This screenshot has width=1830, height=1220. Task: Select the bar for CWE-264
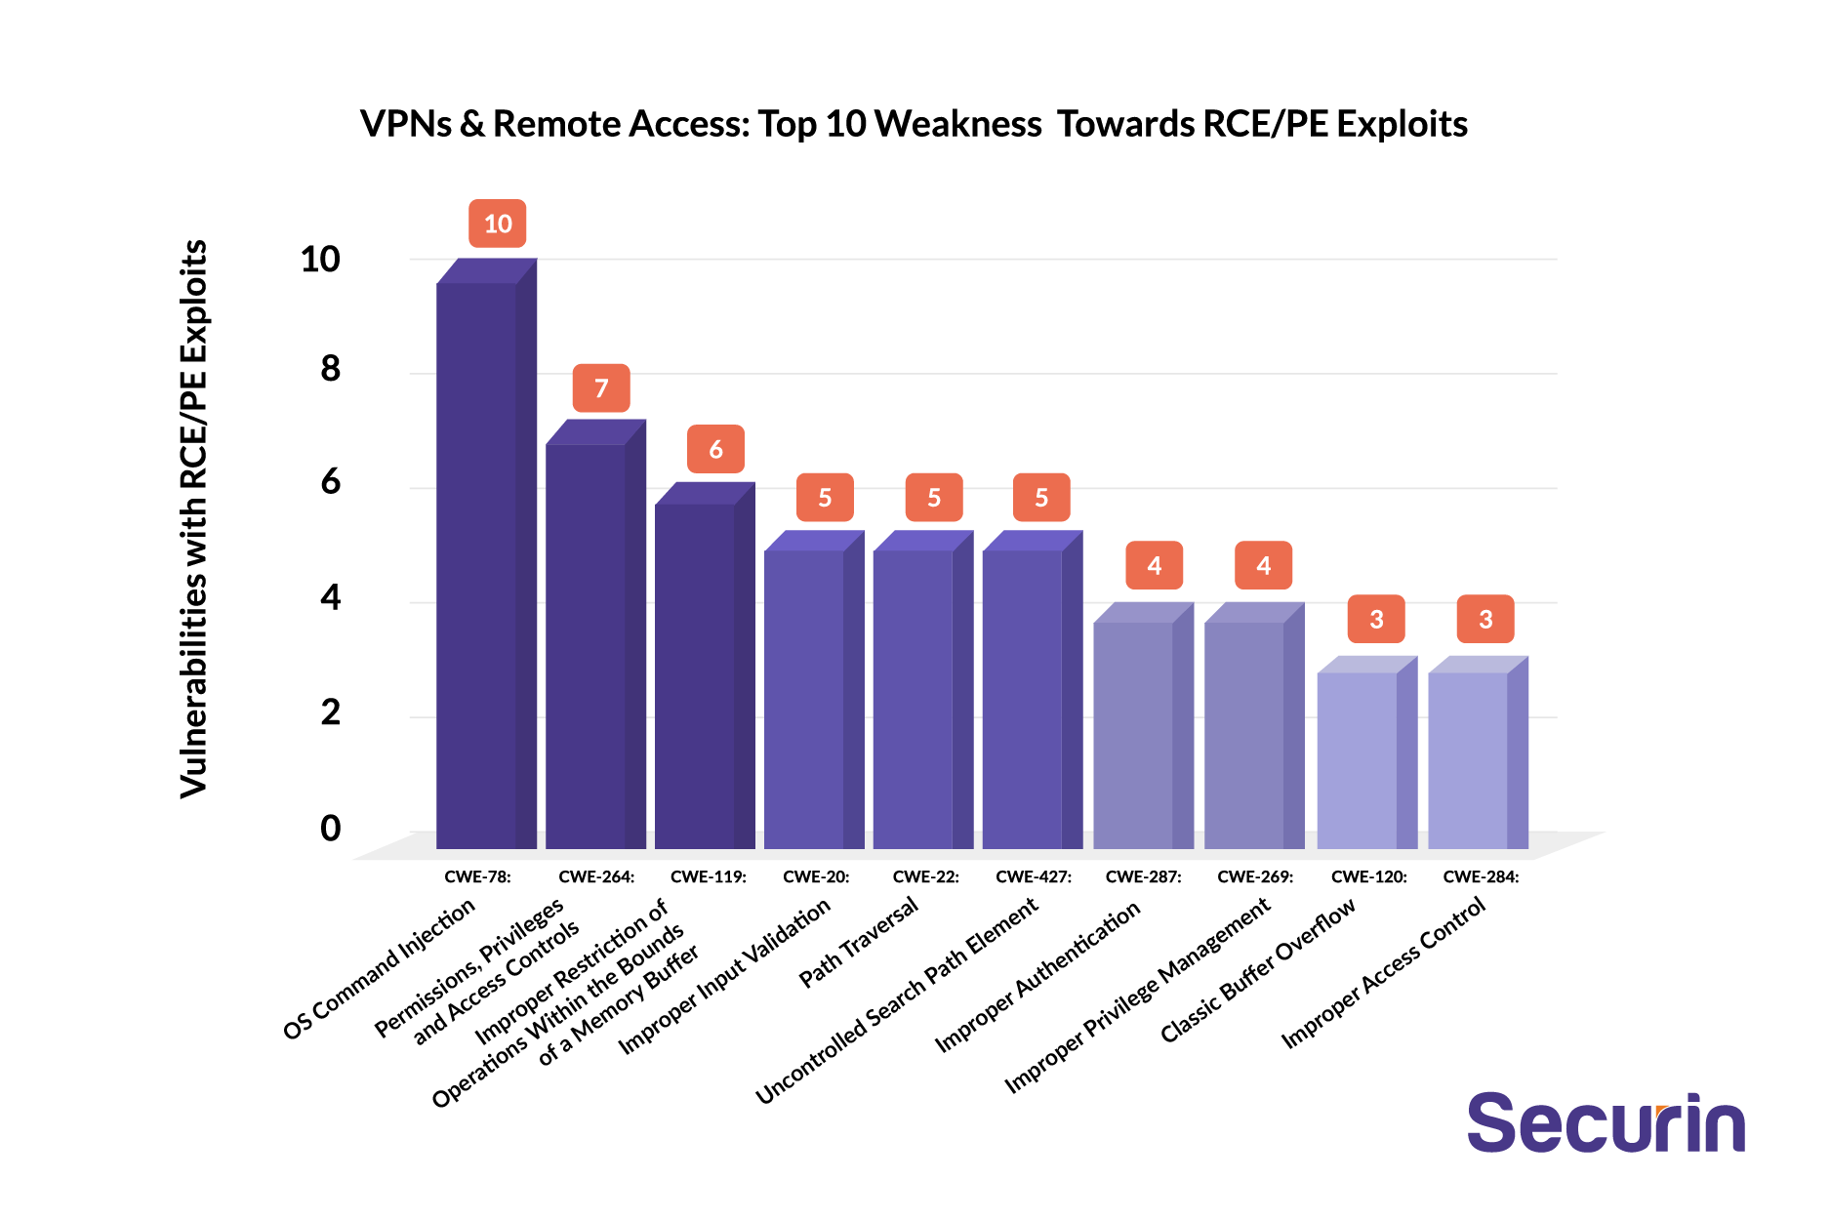click(586, 644)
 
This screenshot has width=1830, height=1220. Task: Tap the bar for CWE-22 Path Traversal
click(914, 698)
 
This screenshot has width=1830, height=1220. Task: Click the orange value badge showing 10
click(498, 224)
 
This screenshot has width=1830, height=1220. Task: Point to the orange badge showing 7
click(601, 388)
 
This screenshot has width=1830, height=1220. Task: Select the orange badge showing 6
click(715, 449)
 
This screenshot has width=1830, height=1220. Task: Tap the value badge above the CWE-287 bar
click(1154, 566)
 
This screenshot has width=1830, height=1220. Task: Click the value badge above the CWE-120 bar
click(1376, 619)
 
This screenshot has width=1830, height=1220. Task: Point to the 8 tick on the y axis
click(331, 369)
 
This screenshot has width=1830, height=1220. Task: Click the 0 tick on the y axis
click(331, 829)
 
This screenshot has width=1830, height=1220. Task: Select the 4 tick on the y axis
click(331, 597)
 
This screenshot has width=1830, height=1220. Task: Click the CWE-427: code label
click(1034, 876)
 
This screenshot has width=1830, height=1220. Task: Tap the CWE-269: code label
click(1255, 876)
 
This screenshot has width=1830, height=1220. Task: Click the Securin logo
click(1606, 1123)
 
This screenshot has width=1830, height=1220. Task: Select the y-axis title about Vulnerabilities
click(194, 518)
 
